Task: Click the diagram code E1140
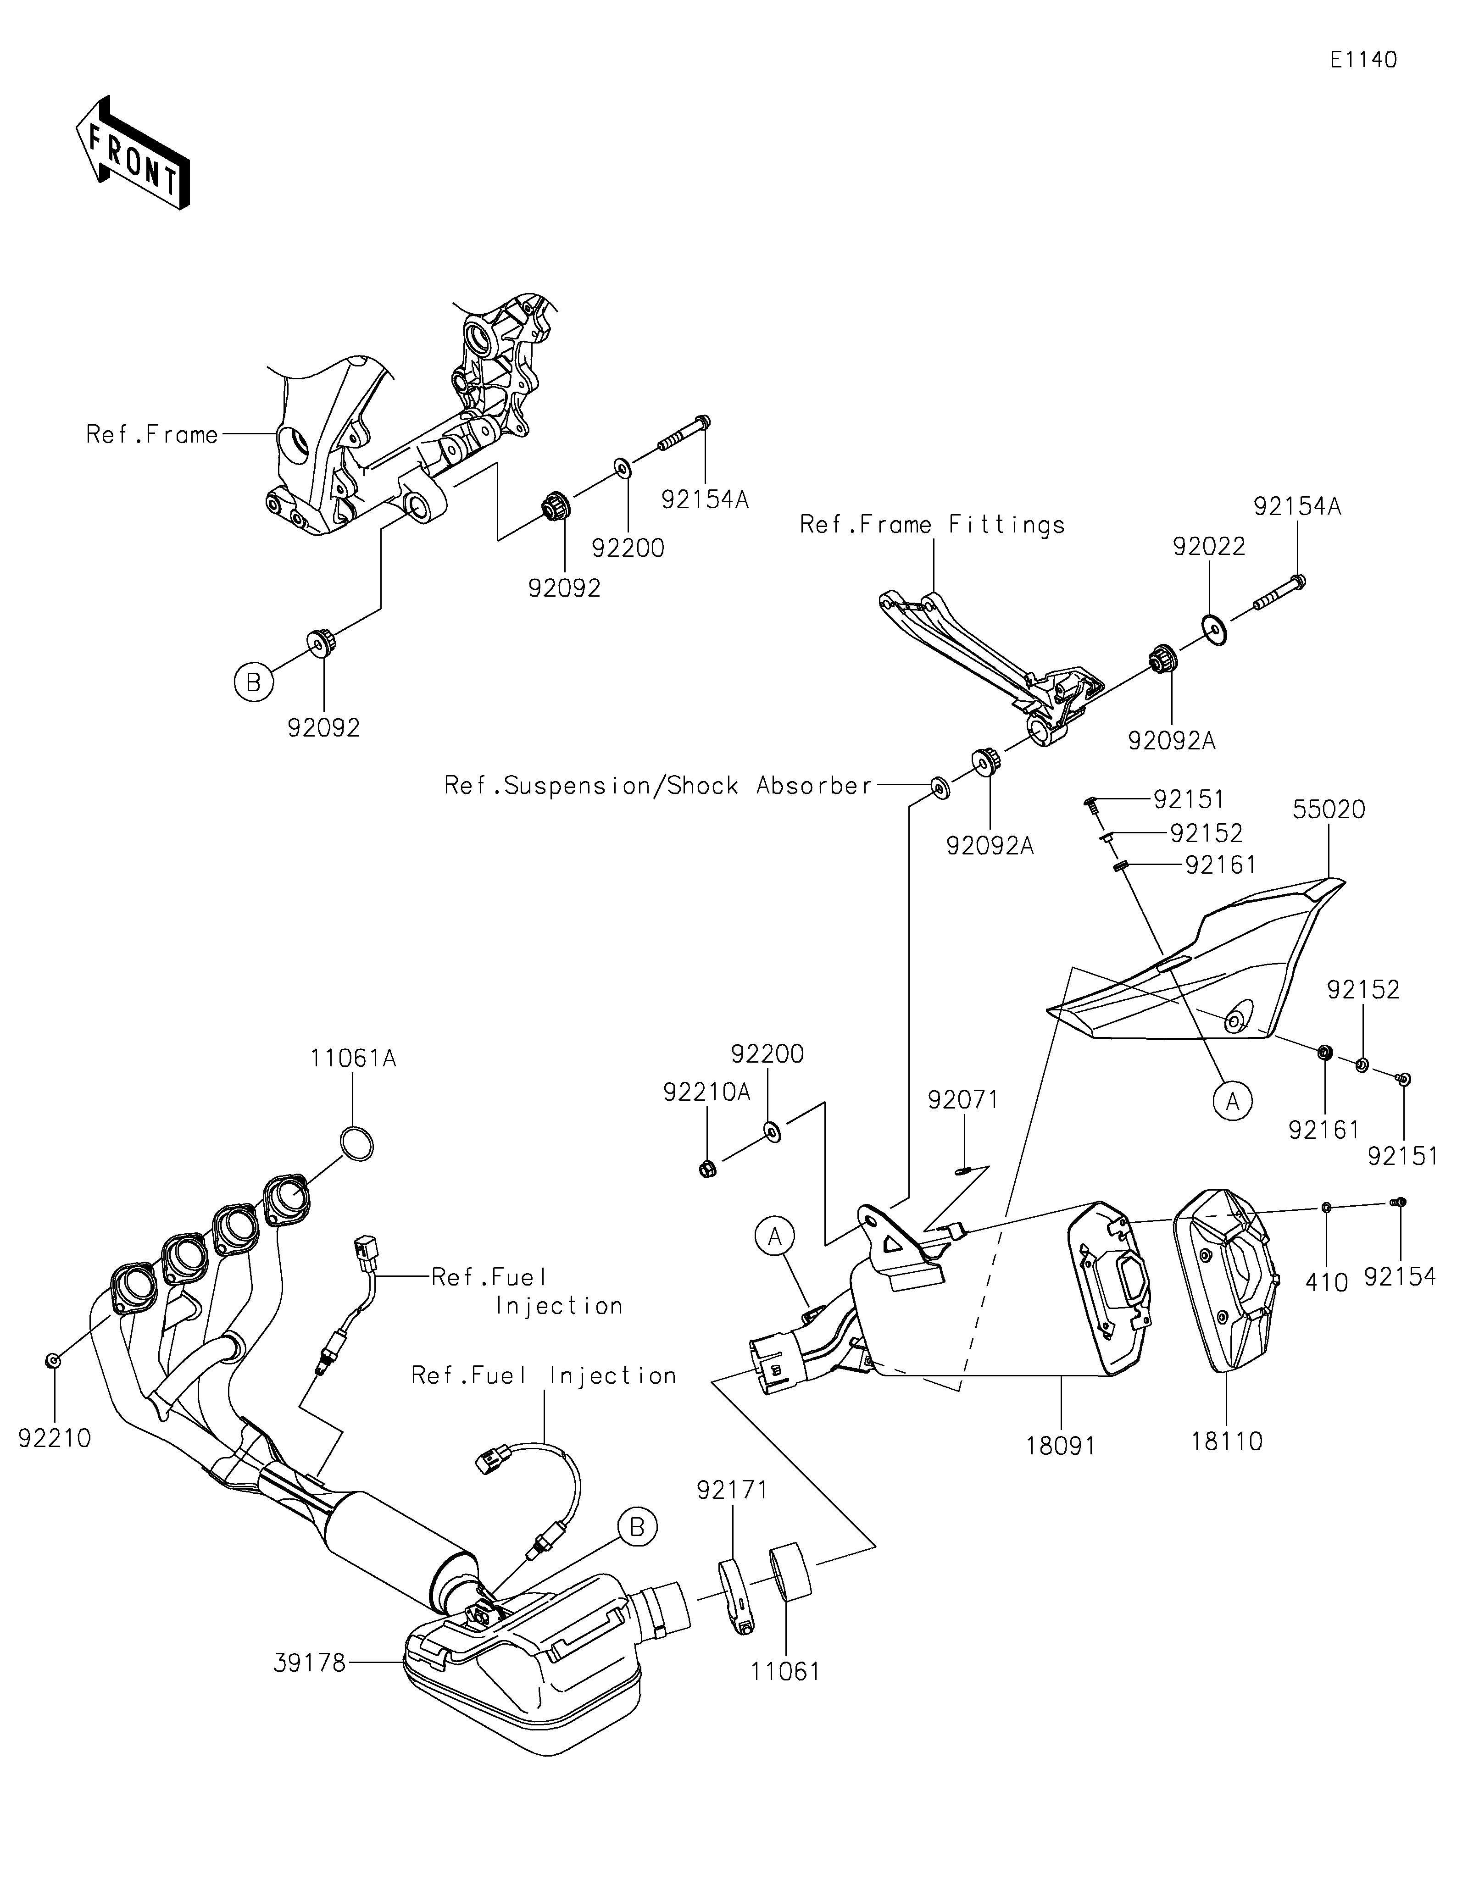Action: [x=1363, y=60]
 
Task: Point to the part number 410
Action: [x=1327, y=1281]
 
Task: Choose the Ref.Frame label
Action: [x=152, y=434]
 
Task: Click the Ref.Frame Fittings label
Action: [x=932, y=524]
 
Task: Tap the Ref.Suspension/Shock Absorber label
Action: [x=658, y=786]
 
